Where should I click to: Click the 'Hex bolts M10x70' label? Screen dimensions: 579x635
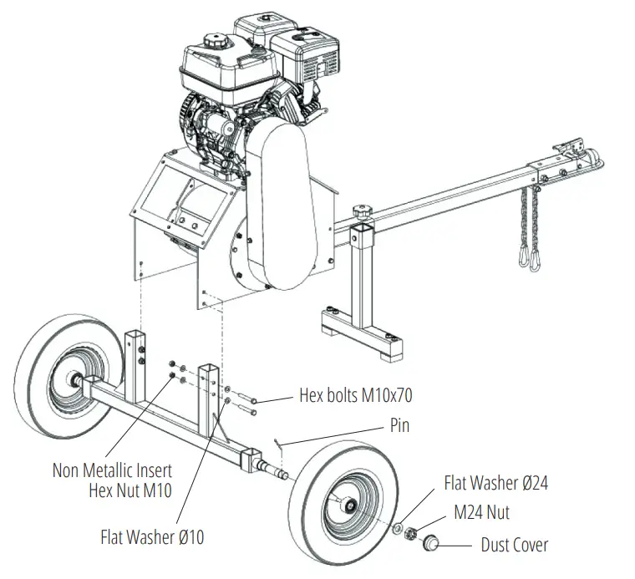click(356, 394)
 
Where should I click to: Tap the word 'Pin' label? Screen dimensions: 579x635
click(400, 425)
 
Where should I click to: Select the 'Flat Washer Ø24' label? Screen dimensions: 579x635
click(495, 483)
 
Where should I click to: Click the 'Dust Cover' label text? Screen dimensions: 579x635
click(515, 545)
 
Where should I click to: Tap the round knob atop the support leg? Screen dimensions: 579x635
click(363, 211)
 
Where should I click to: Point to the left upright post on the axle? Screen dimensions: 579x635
click(135, 359)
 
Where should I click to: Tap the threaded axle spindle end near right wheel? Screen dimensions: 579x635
click(277, 474)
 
